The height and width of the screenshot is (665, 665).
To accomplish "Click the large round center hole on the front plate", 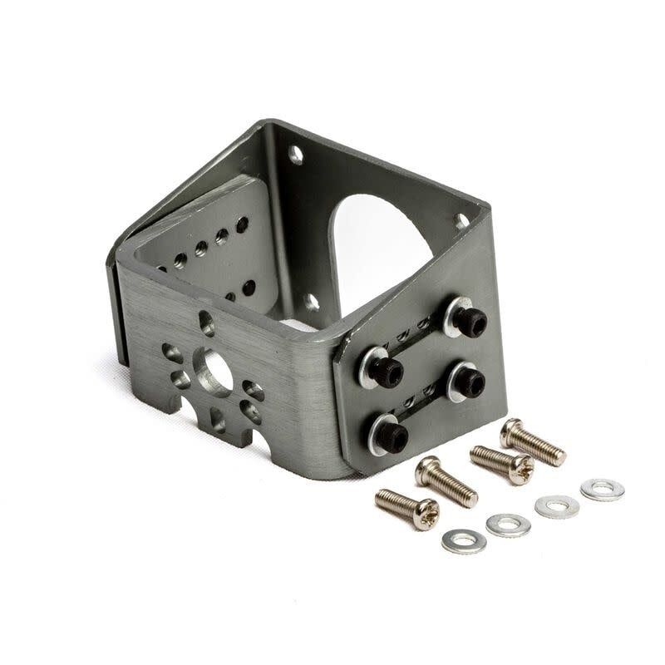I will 212,372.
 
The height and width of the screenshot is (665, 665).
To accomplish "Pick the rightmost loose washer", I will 602,490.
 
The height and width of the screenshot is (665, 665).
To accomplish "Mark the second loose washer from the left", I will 508,525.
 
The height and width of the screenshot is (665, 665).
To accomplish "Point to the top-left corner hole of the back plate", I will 294,155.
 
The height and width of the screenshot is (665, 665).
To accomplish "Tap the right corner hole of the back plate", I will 461,221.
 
